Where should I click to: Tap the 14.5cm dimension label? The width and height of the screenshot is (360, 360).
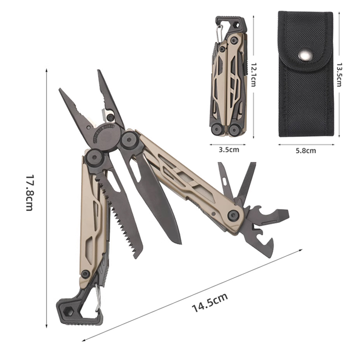click(210, 302)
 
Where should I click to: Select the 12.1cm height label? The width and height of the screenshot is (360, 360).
click(253, 75)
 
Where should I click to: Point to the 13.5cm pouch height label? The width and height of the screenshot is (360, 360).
click(339, 75)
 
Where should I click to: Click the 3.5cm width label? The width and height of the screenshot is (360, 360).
click(229, 150)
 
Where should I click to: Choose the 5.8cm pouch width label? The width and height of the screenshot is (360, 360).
click(306, 151)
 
